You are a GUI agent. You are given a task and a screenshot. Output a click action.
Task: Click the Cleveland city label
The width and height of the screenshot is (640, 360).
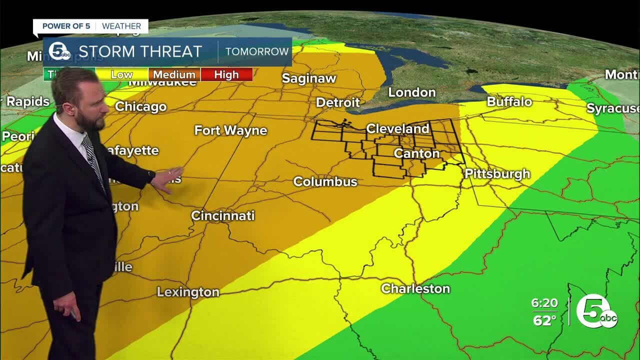(397, 129)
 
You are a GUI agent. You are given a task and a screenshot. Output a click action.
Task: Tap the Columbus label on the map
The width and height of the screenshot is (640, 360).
(325, 181)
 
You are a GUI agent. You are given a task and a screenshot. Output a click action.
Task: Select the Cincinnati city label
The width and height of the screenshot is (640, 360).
(223, 215)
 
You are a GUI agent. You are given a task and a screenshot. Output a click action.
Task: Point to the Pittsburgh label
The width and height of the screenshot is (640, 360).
(497, 174)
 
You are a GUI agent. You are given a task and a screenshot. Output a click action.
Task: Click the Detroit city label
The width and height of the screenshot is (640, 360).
(338, 102)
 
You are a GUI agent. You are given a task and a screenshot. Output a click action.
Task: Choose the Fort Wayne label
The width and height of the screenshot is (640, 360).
(230, 130)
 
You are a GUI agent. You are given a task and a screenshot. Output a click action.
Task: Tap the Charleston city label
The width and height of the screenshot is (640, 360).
(415, 288)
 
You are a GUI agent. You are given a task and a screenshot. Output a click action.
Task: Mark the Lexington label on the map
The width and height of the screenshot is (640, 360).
(188, 292)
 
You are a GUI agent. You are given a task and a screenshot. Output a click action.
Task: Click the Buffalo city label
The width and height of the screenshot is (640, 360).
(509, 101)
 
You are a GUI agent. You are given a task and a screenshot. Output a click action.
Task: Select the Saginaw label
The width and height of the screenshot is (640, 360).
(309, 78)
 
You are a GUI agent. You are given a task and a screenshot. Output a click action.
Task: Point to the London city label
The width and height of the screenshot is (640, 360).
(412, 92)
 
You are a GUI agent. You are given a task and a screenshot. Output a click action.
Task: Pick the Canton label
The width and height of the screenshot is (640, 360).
(416, 153)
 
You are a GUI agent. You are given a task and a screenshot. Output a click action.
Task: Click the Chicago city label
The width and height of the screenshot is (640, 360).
(140, 106)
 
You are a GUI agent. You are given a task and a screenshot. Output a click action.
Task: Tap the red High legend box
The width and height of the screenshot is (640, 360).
(226, 74)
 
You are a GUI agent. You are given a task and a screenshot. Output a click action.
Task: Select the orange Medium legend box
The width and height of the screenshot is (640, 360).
(174, 74)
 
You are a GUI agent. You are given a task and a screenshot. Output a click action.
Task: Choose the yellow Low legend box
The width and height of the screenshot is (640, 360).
(122, 74)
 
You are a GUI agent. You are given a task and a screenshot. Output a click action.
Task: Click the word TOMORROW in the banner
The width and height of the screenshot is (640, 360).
(257, 51)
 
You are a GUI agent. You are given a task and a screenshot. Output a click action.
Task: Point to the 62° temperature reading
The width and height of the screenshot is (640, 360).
(544, 320)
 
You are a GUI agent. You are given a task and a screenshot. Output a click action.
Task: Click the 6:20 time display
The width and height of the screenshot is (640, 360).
(544, 303)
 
